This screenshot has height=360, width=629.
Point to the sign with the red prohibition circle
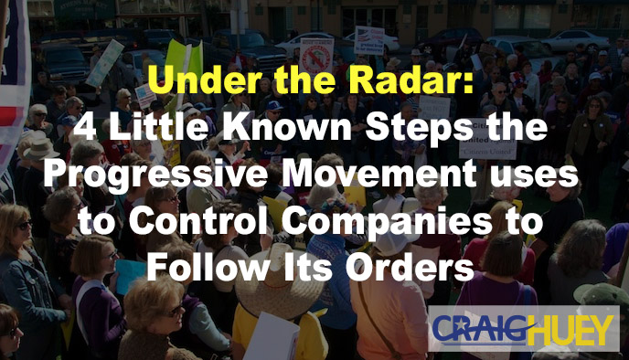click(316, 53)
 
